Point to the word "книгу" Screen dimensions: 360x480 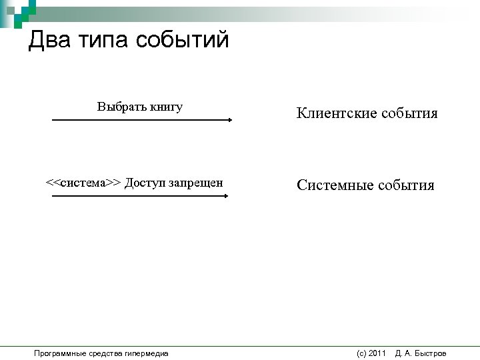click(x=166, y=107)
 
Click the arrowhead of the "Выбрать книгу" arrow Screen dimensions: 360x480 click(x=229, y=120)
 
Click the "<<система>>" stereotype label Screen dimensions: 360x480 click(x=83, y=183)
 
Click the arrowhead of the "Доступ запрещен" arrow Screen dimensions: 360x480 click(x=225, y=196)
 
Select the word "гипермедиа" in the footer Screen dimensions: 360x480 click(x=146, y=353)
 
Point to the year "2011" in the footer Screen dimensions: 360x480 click(x=377, y=353)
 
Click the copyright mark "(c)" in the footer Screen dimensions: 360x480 click(x=361, y=353)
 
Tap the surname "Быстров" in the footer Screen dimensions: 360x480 click(x=431, y=353)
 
